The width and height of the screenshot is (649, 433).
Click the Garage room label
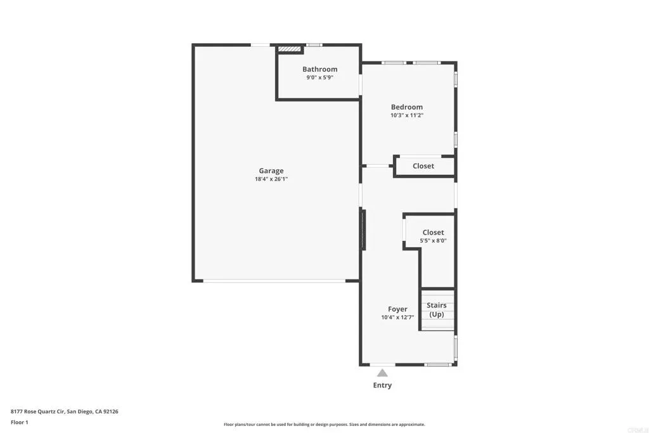pyautogui.click(x=271, y=171)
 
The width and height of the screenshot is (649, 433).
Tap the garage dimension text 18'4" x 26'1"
pyautogui.click(x=271, y=179)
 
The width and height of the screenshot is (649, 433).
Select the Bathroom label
pyautogui.click(x=319, y=69)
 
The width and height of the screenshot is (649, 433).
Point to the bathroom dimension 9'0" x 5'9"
pyautogui.click(x=319, y=77)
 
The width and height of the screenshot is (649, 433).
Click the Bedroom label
pyautogui.click(x=406, y=107)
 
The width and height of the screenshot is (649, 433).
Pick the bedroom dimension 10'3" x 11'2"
pyautogui.click(x=406, y=115)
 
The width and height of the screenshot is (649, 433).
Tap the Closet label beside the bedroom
pyautogui.click(x=423, y=166)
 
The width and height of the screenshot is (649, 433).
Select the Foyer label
pyautogui.click(x=397, y=309)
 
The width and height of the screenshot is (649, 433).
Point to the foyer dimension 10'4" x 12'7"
pyautogui.click(x=397, y=318)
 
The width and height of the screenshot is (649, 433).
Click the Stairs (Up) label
pyautogui.click(x=437, y=310)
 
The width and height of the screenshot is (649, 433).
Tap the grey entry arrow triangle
pyautogui.click(x=382, y=373)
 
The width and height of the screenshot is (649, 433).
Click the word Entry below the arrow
pyautogui.click(x=382, y=385)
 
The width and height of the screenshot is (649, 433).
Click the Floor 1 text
pyautogui.click(x=20, y=422)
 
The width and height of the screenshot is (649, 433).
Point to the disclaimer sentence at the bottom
pyautogui.click(x=324, y=425)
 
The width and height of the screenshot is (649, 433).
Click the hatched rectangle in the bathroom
pyautogui.click(x=290, y=49)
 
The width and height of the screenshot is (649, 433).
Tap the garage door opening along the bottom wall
pyautogui.click(x=274, y=281)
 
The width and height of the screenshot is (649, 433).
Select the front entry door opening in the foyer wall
pyautogui.click(x=382, y=365)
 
